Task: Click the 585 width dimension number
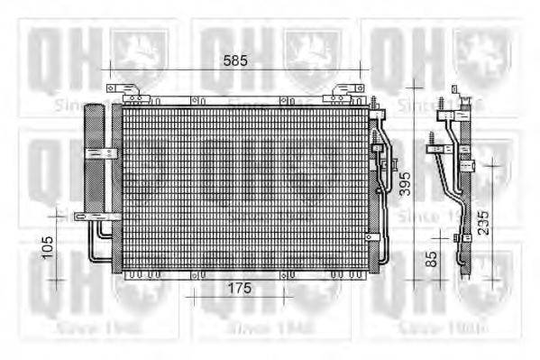(x=235, y=60)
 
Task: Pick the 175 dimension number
(x=237, y=288)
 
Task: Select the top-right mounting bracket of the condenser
(x=347, y=91)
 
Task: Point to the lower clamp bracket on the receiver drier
(x=94, y=216)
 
